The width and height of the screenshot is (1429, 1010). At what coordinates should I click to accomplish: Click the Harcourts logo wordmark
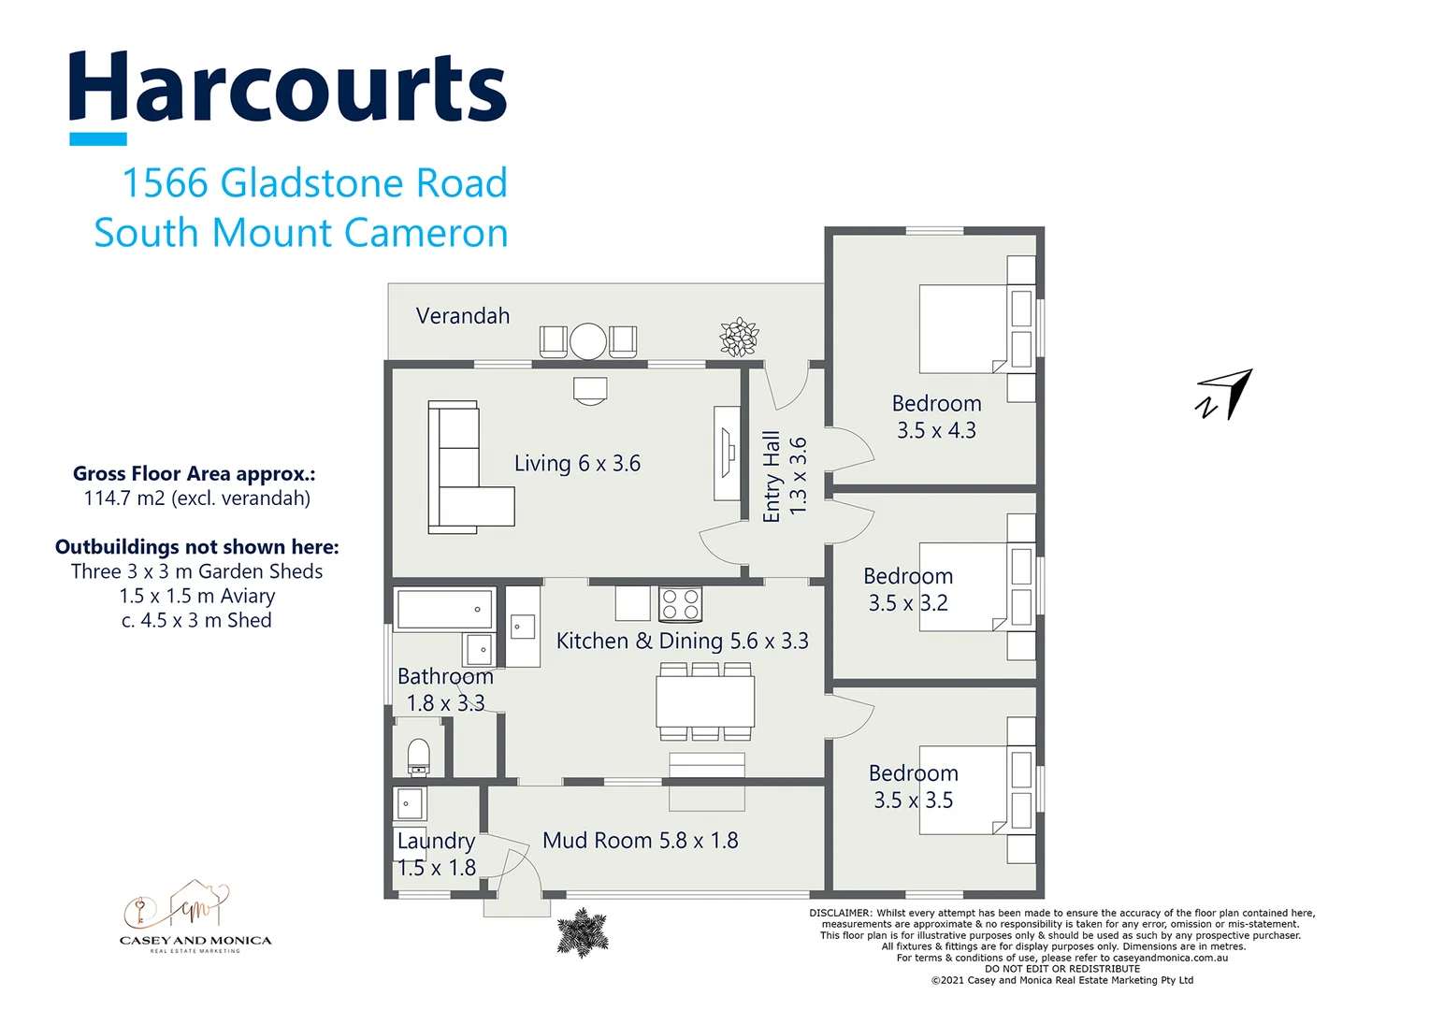click(x=287, y=89)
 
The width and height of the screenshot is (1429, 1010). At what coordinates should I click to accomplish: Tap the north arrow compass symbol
click(x=1225, y=395)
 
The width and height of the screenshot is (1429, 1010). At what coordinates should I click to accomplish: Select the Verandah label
click(x=463, y=316)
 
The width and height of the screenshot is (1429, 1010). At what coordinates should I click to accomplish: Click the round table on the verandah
click(x=588, y=340)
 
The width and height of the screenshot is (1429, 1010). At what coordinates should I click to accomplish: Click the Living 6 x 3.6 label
click(x=577, y=464)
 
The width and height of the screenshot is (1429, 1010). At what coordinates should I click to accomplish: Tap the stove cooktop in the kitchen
click(x=680, y=604)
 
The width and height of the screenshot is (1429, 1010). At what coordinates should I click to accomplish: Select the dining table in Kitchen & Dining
click(x=705, y=701)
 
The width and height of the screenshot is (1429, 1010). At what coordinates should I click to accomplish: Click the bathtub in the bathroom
click(x=444, y=609)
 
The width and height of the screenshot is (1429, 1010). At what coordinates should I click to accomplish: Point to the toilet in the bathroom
click(x=419, y=757)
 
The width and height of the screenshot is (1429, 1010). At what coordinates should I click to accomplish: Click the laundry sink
click(x=409, y=803)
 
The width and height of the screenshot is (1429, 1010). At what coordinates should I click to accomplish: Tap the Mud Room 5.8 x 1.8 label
click(x=640, y=841)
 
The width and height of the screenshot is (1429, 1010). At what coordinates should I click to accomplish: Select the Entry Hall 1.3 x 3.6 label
click(x=784, y=475)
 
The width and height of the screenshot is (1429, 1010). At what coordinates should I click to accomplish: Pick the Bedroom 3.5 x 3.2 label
click(x=907, y=590)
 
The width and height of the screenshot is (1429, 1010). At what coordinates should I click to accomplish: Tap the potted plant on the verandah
click(x=739, y=337)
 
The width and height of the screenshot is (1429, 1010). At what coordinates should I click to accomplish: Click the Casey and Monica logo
click(x=195, y=916)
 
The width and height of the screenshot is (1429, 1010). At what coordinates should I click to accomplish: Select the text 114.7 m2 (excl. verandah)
click(x=196, y=498)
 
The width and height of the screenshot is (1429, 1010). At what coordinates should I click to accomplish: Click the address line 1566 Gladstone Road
click(x=314, y=183)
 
